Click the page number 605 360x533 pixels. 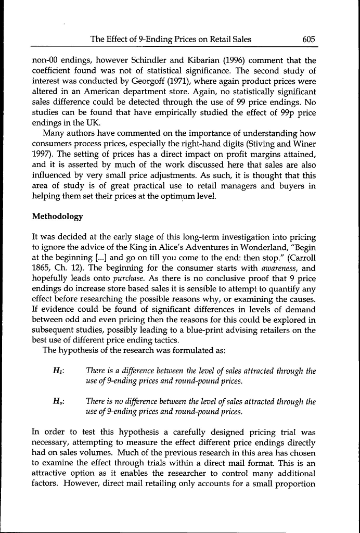[x=308, y=40]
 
